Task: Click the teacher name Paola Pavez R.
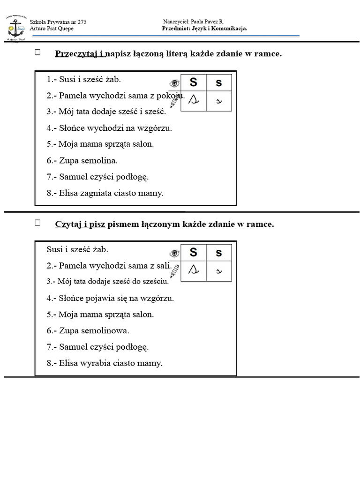coord(207,22)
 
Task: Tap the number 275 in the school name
coord(82,22)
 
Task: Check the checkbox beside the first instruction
coord(37,53)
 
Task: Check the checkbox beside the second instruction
coord(37,223)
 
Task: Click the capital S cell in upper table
coord(193,82)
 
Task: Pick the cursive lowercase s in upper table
coord(218,101)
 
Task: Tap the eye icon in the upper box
coord(174,83)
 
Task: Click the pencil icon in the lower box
coord(174,271)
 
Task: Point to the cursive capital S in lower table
coord(193,270)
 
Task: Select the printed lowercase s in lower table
coord(218,253)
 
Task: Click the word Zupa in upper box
coord(68,160)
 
